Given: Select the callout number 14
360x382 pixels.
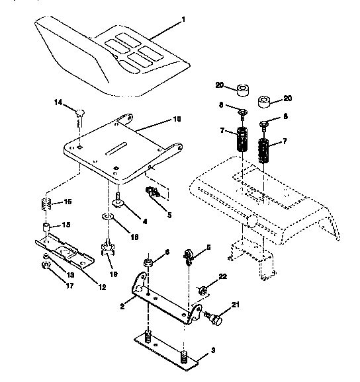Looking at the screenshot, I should pos(58,102).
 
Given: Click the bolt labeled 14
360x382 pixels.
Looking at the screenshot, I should pos(78,113).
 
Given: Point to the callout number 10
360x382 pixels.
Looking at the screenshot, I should pos(176,120).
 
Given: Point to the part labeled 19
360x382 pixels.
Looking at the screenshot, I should pos(107,250).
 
